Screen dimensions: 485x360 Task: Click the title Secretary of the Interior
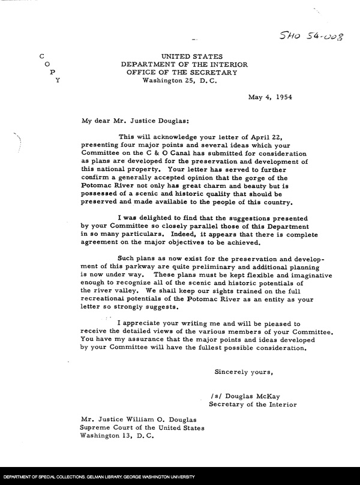pos(253,405)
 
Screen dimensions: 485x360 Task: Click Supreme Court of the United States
pos(142,427)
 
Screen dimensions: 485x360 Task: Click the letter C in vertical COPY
pos(40,56)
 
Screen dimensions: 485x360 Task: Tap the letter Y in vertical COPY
pos(57,80)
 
